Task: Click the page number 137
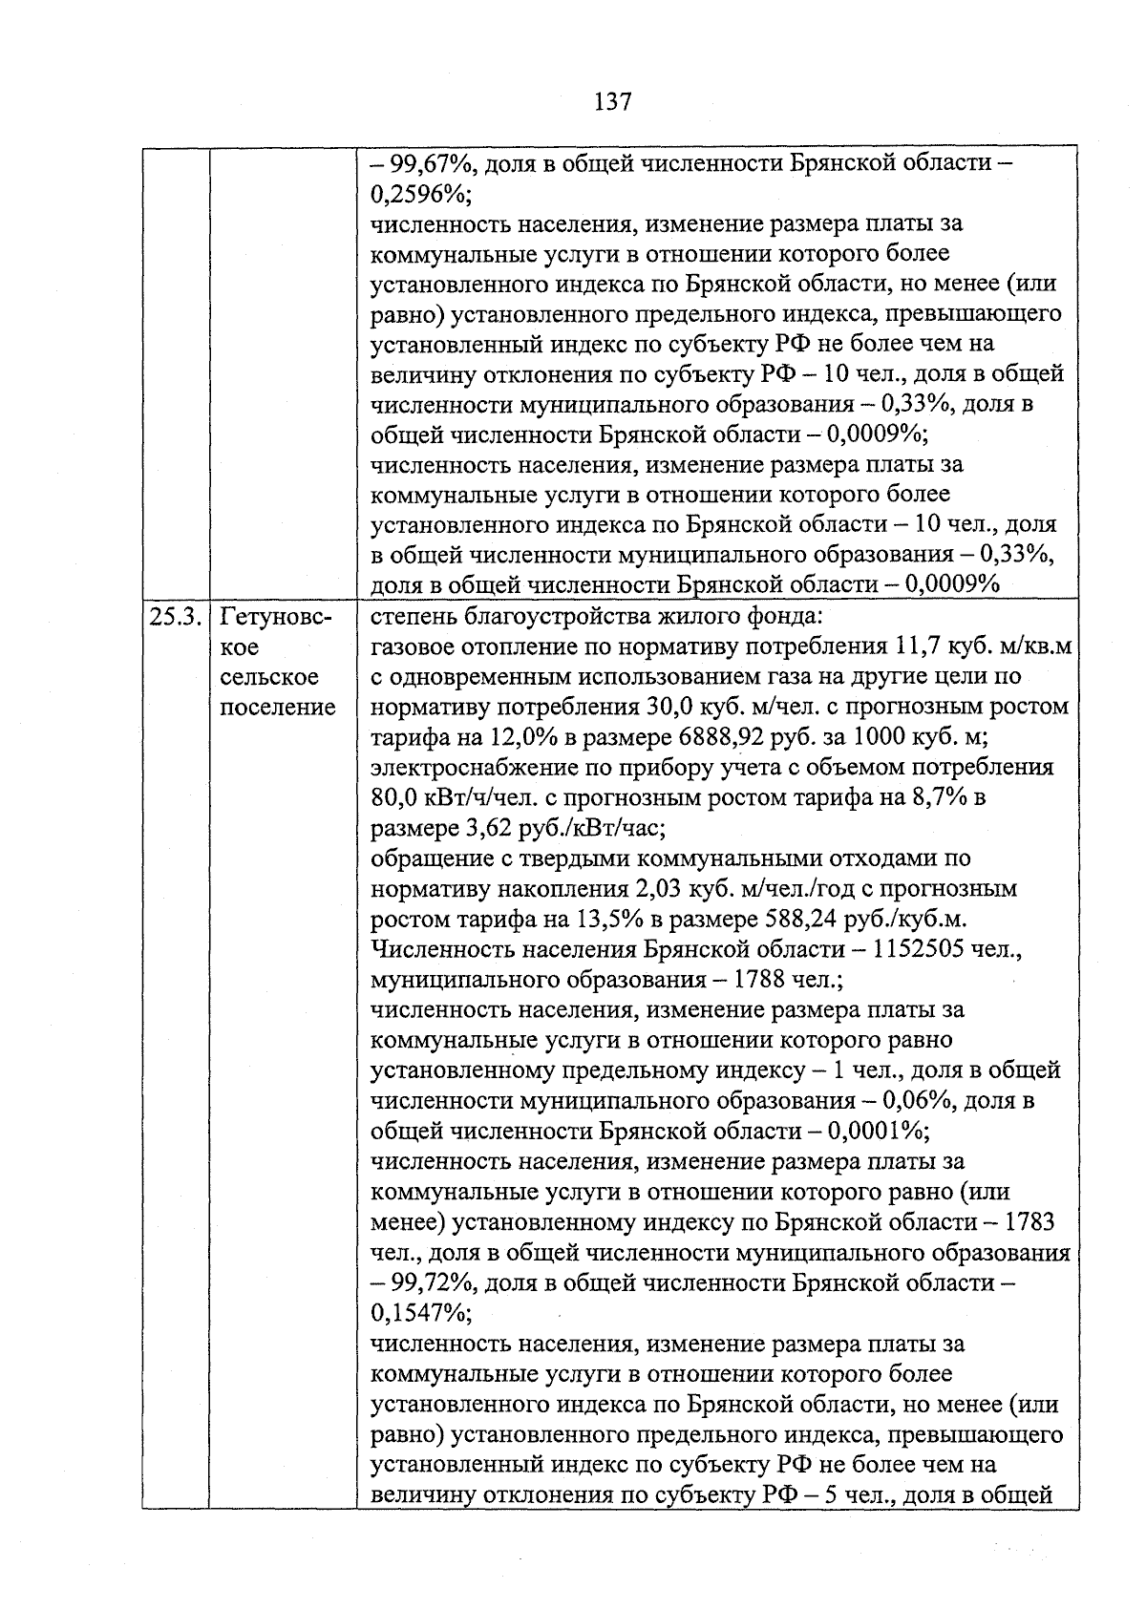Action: (612, 101)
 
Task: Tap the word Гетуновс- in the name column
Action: (276, 617)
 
